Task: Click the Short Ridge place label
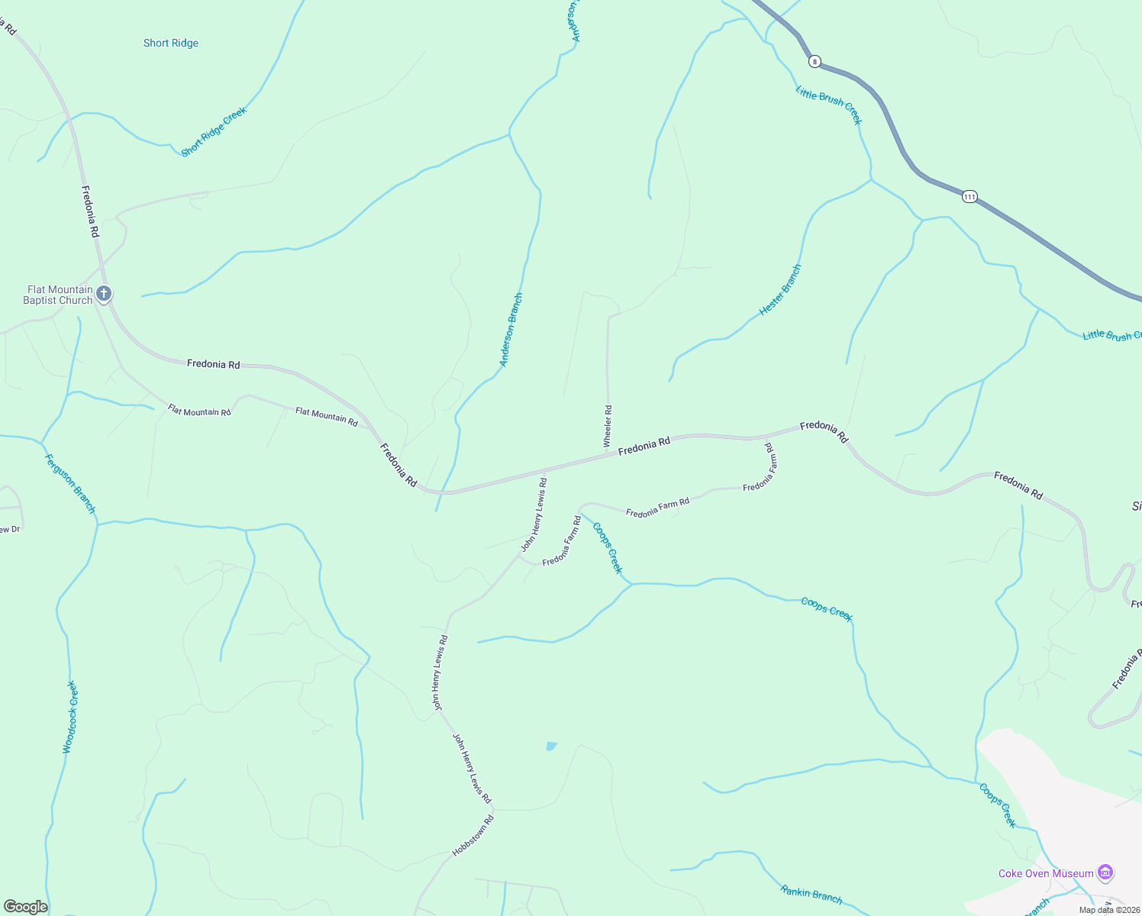coord(171,44)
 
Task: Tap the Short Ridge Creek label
coord(214,132)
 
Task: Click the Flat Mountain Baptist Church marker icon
coord(105,294)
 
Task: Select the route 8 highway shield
coord(815,61)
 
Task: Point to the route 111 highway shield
coord(969,196)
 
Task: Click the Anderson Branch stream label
coord(511,330)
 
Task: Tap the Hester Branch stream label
coord(781,290)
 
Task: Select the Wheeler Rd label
coord(608,426)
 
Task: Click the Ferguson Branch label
coord(70,484)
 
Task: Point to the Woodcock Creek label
coord(70,717)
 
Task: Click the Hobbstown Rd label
coord(473,836)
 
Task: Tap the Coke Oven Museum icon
coord(1105,872)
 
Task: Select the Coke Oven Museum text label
coord(1046,873)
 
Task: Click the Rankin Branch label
coord(811,894)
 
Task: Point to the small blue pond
coord(551,746)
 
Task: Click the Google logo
coord(25,907)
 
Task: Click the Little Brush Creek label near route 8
coord(829,105)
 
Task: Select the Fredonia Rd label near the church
coord(91,211)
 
